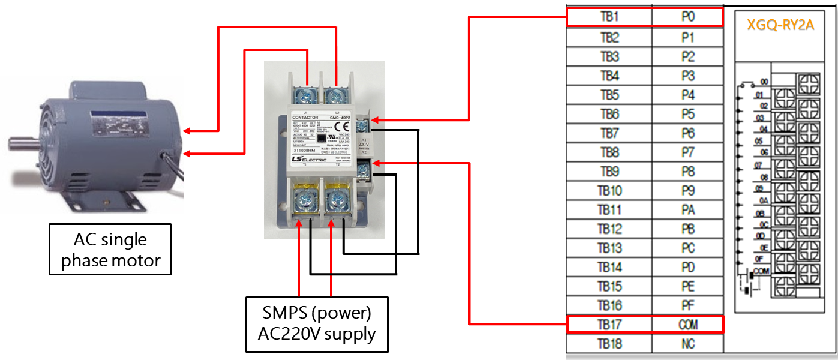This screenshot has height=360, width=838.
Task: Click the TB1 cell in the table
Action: [x=609, y=17]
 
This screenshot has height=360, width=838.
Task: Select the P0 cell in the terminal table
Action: [x=688, y=17]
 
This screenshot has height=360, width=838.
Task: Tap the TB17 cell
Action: [x=609, y=325]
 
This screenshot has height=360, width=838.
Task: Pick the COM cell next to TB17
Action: [x=688, y=325]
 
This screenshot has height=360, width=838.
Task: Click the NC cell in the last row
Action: [x=688, y=344]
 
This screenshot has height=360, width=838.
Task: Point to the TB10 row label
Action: [x=609, y=191]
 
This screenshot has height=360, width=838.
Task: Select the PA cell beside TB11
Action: [x=688, y=210]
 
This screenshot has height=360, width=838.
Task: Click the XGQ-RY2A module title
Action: [x=780, y=26]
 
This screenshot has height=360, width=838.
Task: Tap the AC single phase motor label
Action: [x=110, y=250]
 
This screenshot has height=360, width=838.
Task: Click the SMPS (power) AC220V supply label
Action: [x=317, y=324]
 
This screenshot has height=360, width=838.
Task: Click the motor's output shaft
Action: [x=21, y=143]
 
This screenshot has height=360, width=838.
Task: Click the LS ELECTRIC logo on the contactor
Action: [x=306, y=158]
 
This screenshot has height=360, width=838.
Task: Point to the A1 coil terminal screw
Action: [x=364, y=125]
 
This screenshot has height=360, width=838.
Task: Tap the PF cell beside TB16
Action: [x=688, y=305]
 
